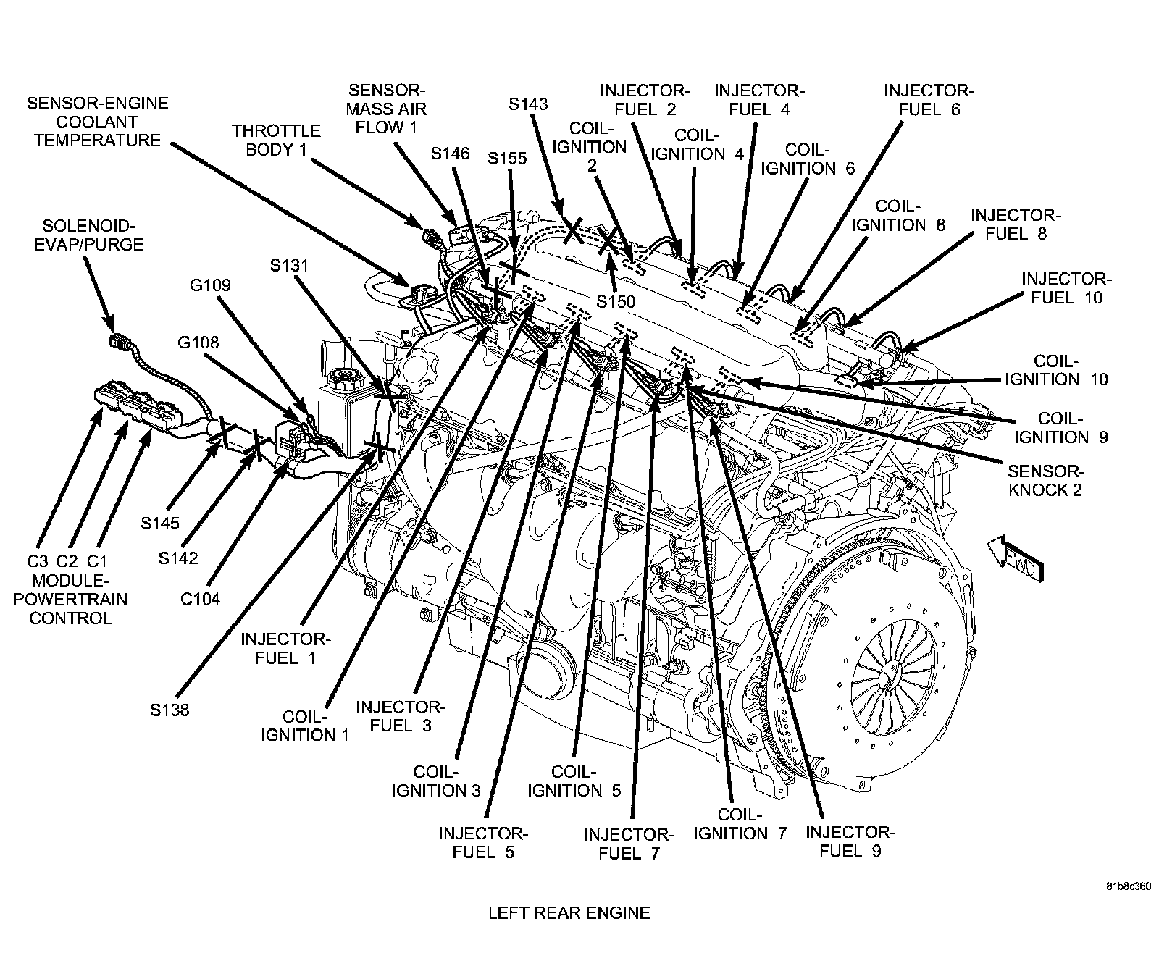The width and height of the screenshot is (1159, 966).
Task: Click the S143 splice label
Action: click(528, 104)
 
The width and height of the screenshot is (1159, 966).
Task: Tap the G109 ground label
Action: click(210, 285)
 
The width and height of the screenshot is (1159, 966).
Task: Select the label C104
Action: click(200, 599)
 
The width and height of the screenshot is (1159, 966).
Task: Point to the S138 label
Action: click(170, 710)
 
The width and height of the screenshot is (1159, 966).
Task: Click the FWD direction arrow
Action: click(1014, 558)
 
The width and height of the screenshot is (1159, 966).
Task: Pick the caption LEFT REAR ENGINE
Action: click(569, 913)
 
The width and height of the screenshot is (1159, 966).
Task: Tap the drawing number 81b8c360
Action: click(1128, 886)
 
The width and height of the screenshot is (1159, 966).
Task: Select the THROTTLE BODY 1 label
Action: click(276, 140)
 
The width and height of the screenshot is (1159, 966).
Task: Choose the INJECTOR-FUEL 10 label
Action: click(1064, 287)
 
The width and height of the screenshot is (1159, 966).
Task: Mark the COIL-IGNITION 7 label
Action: click(740, 823)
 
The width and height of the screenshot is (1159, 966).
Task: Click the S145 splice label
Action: click(160, 523)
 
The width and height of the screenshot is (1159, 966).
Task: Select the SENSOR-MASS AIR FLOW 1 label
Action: click(387, 109)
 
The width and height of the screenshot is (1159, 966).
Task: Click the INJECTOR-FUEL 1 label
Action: click(285, 649)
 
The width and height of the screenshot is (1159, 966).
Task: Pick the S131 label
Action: click(289, 266)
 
